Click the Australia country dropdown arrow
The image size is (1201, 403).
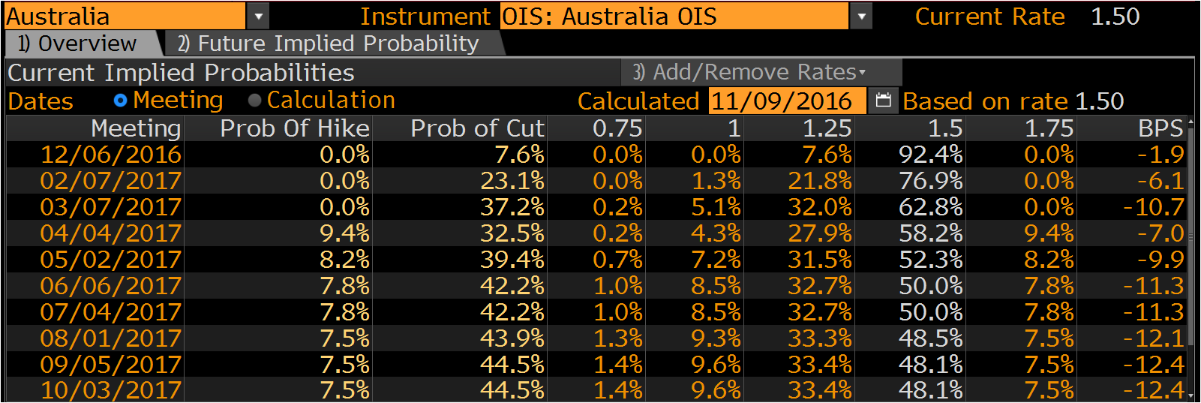[259, 17]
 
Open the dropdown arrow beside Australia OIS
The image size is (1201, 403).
[861, 17]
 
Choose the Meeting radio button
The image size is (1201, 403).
[121, 101]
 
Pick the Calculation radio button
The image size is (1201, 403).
[254, 101]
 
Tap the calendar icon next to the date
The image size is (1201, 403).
[883, 101]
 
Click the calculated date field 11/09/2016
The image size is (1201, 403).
[787, 101]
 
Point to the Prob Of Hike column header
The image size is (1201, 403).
[295, 128]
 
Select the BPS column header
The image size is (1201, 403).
[1160, 128]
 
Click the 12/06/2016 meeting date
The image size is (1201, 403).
[111, 155]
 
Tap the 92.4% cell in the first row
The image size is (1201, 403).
[930, 155]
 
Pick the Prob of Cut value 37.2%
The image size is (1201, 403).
[512, 207]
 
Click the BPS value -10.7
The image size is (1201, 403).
[1153, 207]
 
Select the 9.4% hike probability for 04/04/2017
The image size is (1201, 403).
[344, 233]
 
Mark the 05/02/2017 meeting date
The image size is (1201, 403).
[111, 260]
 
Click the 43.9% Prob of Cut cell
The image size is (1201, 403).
[512, 338]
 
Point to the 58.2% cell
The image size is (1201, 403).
[930, 233]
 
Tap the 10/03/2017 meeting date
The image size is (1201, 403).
[111, 390]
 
